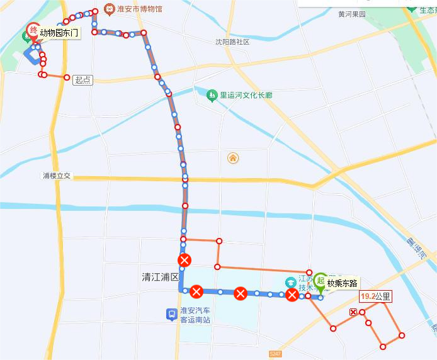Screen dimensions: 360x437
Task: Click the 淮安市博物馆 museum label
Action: pyautogui.click(x=139, y=9)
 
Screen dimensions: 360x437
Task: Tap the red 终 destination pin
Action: pyautogui.click(x=33, y=31)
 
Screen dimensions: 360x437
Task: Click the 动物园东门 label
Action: pyautogui.click(x=60, y=32)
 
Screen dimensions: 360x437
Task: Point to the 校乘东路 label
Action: pyautogui.click(x=343, y=283)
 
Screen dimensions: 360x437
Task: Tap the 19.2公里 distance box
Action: pyautogui.click(x=375, y=296)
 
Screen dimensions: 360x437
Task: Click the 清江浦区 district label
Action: pyautogui.click(x=161, y=277)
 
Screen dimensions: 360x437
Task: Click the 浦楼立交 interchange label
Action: pyautogui.click(x=57, y=176)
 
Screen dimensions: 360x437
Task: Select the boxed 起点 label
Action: pyautogui.click(x=82, y=80)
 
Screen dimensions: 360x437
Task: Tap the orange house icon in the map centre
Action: pyautogui.click(x=233, y=157)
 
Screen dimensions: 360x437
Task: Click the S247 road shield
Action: pyautogui.click(x=275, y=355)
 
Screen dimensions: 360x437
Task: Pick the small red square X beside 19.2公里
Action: pyautogui.click(x=353, y=313)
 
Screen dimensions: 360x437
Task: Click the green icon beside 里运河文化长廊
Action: pyautogui.click(x=212, y=96)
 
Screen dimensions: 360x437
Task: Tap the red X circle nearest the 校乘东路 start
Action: pyautogui.click(x=292, y=295)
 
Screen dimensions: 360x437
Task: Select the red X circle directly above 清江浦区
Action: pyautogui.click(x=184, y=260)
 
